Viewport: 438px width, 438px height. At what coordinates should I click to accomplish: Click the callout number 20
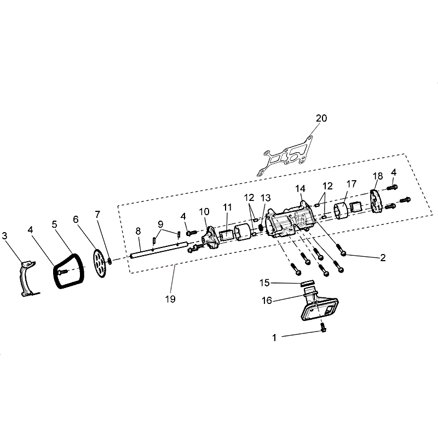coord(321,118)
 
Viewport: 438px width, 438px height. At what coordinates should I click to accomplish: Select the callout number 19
coord(170,299)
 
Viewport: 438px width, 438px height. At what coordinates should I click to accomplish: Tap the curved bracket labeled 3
coord(27,278)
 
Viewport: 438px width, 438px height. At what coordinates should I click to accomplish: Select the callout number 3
coord(4,236)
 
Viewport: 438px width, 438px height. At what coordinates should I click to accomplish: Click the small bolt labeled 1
coord(324,327)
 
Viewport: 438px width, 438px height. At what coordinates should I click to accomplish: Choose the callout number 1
coord(274,338)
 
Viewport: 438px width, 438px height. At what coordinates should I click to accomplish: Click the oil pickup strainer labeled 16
coord(320,306)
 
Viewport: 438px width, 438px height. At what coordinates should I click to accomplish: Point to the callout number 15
coord(264,283)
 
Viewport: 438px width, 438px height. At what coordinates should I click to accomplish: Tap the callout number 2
coord(383,257)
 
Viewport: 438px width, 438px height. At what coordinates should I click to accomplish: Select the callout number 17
coord(351,184)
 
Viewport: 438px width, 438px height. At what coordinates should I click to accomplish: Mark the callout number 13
coord(266,198)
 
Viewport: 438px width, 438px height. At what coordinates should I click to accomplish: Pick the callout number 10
coord(204,212)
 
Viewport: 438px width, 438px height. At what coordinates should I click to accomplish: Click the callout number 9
coord(160,224)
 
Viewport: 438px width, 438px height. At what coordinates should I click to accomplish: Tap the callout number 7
coord(97,215)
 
